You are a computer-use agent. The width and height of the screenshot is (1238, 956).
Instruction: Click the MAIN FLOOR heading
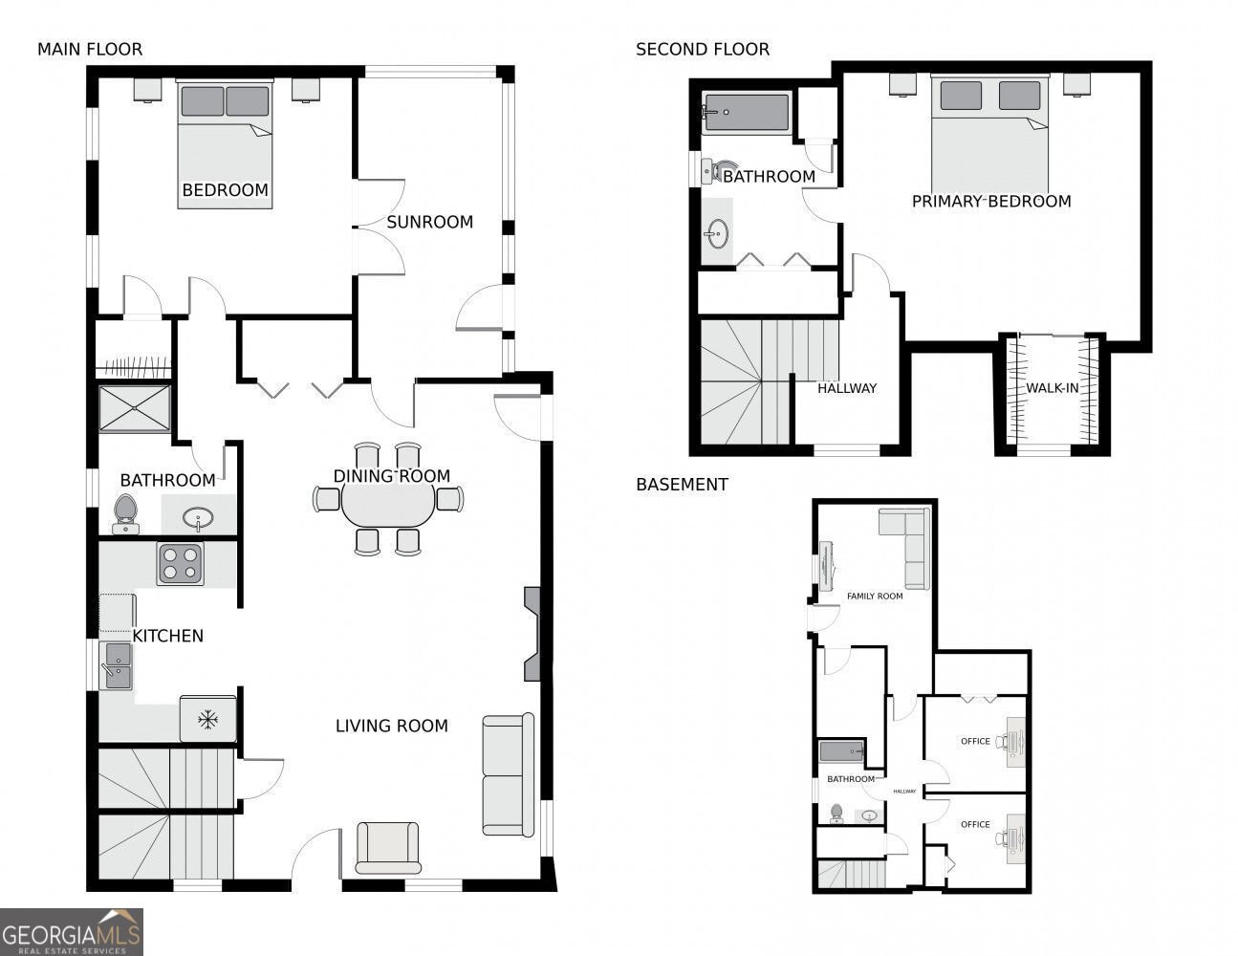coord(90,50)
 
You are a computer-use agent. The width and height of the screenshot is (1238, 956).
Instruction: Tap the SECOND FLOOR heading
coord(703,50)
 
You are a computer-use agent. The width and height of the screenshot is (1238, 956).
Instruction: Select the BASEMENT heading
coord(682,485)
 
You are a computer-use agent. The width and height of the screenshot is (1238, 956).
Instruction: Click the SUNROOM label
coord(430,222)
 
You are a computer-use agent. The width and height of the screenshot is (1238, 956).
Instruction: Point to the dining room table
coord(388,507)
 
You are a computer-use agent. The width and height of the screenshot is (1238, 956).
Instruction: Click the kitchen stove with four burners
coord(181,564)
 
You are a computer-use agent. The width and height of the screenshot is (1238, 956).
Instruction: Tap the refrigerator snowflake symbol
coord(208,720)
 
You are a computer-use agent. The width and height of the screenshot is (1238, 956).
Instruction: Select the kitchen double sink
coord(117,665)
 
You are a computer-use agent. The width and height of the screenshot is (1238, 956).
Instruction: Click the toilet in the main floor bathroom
coord(126,514)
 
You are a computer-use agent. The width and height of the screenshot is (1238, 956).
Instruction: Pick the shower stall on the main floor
coord(135,408)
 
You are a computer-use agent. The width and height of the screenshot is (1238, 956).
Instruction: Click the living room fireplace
coord(532,634)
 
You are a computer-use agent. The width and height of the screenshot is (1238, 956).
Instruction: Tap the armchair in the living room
coord(388,848)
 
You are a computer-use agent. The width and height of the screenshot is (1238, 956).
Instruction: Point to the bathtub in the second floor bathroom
coord(747,114)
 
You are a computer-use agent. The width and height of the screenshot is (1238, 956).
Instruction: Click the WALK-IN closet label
coord(1053,388)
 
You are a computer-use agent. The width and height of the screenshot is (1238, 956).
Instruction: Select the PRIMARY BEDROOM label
coord(991,202)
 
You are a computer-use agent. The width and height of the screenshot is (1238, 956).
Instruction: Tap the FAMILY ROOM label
coord(875,597)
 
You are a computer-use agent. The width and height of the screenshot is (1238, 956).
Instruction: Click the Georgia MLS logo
coord(72,932)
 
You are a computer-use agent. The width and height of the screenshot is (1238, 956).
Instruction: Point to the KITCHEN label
coord(168,637)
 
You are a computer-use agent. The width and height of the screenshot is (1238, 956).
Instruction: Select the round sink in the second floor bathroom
coord(717,233)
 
